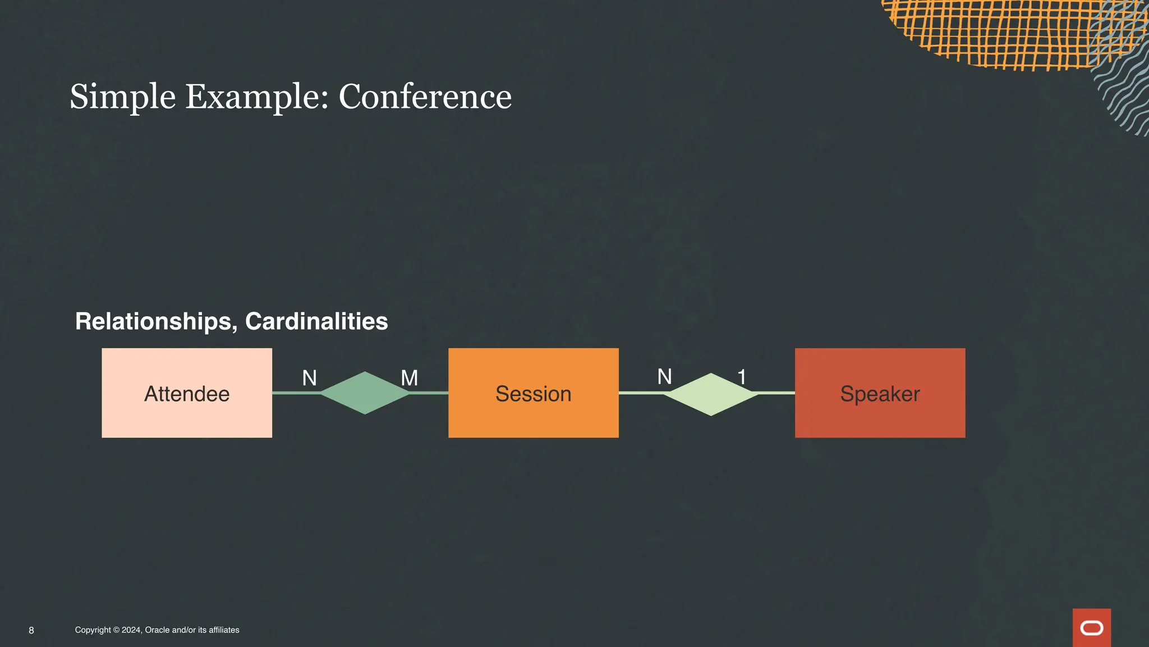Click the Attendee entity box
[187, 393]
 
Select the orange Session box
[533, 393]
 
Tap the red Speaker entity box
[880, 393]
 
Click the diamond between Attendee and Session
[365, 393]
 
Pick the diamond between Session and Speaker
[711, 394]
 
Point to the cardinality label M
[409, 378]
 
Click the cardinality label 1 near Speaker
[742, 377]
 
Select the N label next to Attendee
[309, 378]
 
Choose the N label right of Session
[664, 376]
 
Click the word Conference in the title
[425, 97]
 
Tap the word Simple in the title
[122, 97]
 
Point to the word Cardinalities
[316, 321]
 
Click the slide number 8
[31, 630]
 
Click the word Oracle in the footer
[157, 630]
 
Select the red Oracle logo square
[1091, 627]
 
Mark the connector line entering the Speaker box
[777, 393]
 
